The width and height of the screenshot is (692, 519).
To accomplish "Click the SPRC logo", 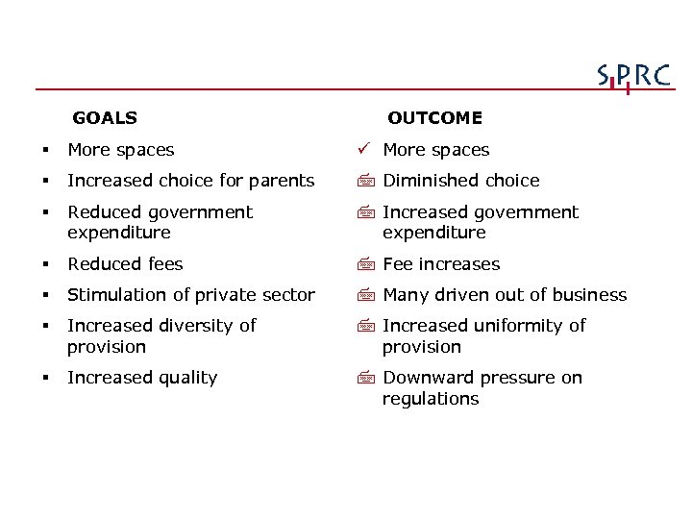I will coord(633,77).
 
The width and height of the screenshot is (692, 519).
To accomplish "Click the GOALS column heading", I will coord(105,118).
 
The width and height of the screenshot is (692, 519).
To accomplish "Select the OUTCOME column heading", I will coord(434,118).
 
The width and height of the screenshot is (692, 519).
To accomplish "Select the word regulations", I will coord(431,399).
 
